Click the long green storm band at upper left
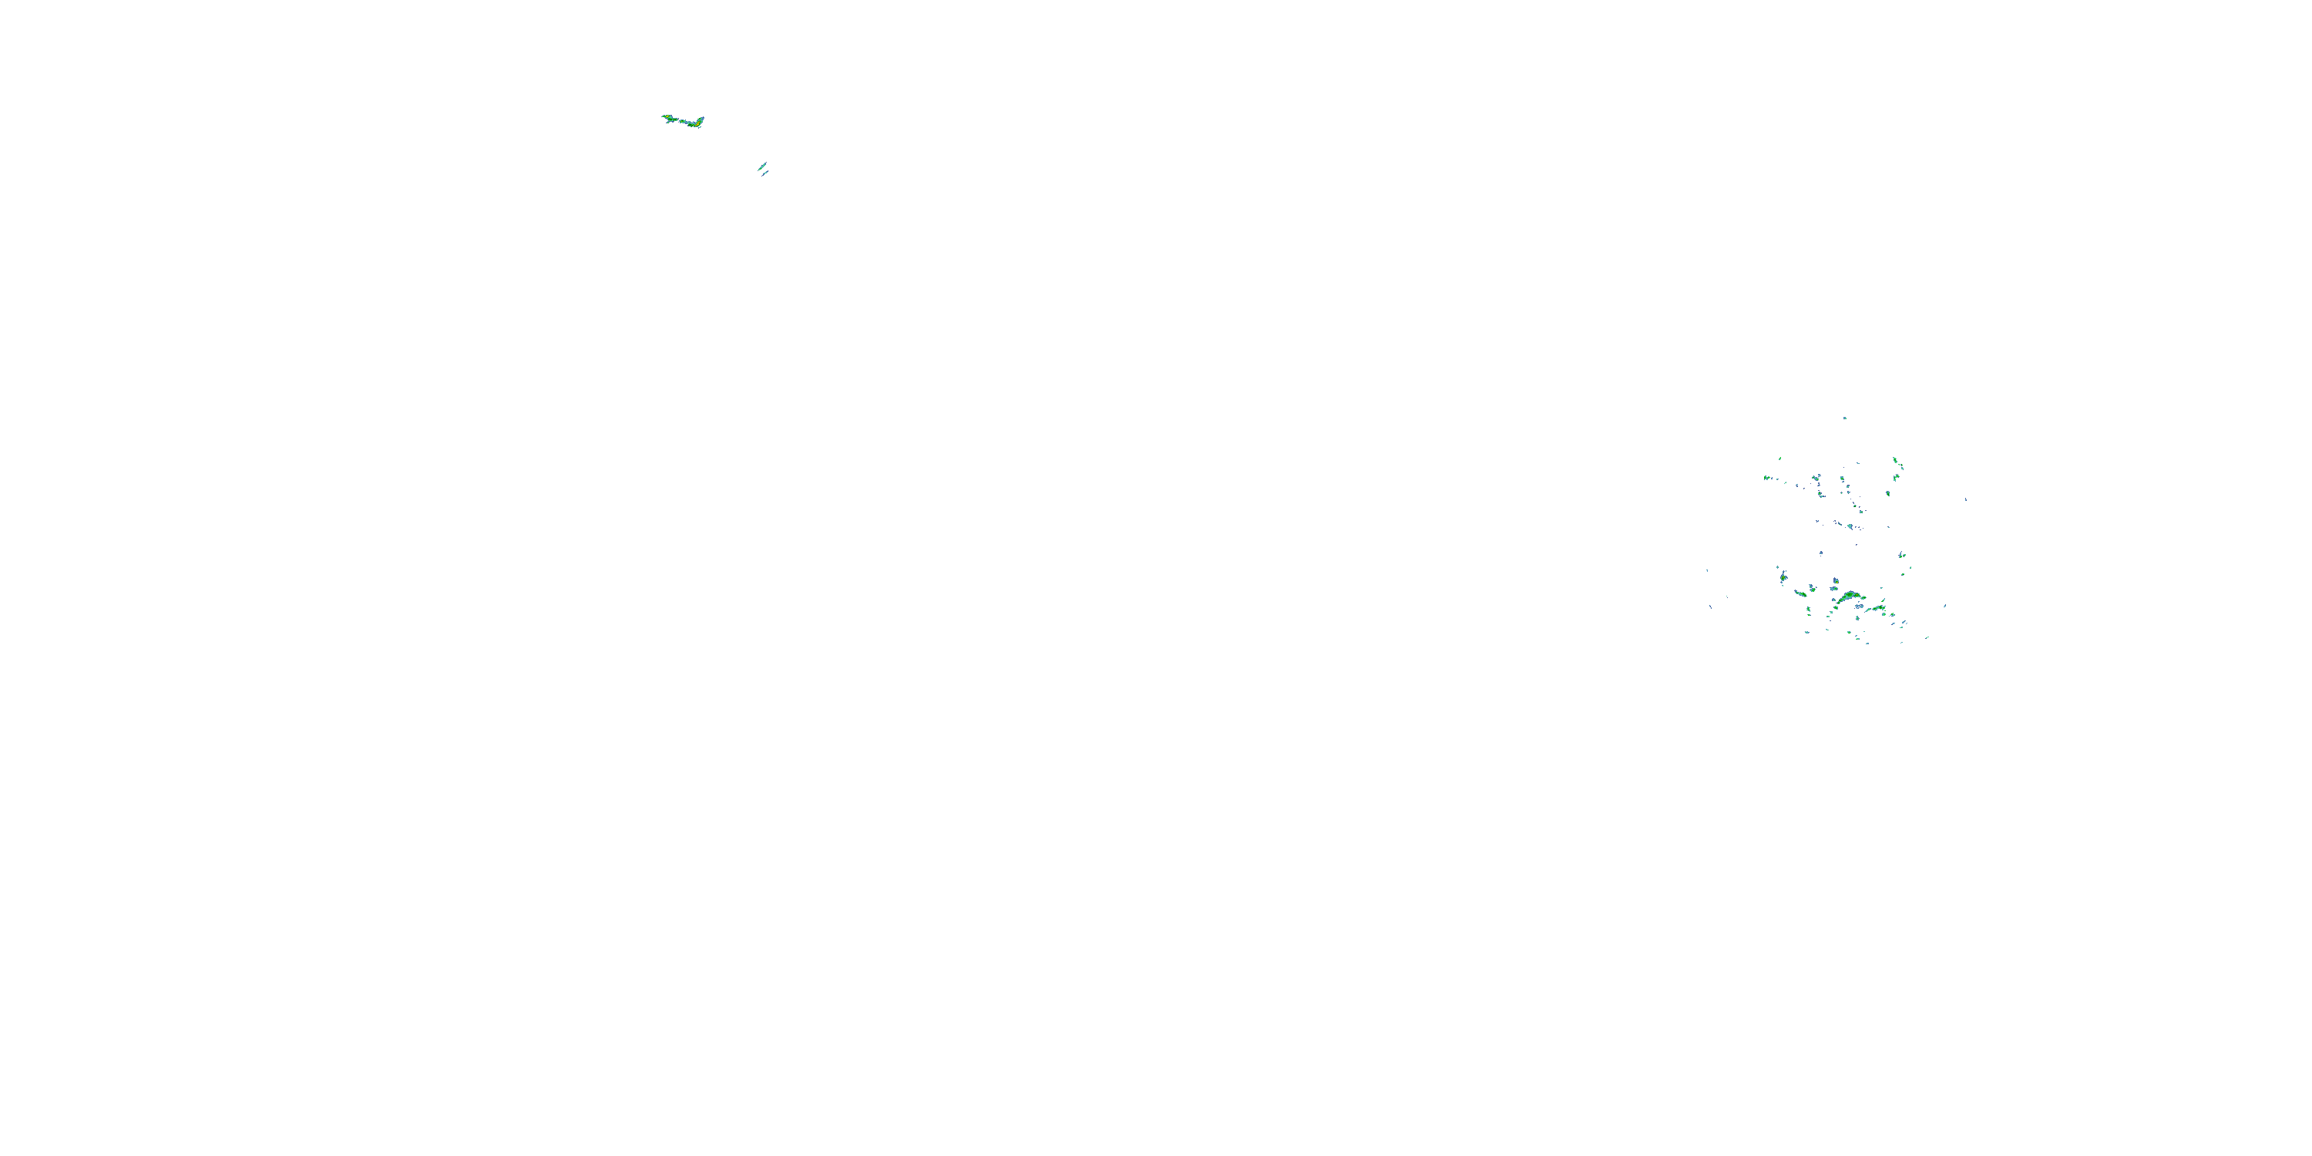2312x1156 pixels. pos(682,120)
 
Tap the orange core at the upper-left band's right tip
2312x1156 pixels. pos(700,120)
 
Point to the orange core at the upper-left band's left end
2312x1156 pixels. pos(667,116)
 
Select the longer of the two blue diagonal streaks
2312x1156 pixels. pos(761,166)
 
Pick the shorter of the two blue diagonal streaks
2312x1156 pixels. pos(765,174)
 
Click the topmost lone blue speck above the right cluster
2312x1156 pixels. pos(1844,418)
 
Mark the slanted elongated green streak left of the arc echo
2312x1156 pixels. pos(1800,593)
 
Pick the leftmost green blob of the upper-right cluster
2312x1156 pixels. pos(1766,478)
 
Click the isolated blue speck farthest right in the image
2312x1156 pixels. pos(1965,499)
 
